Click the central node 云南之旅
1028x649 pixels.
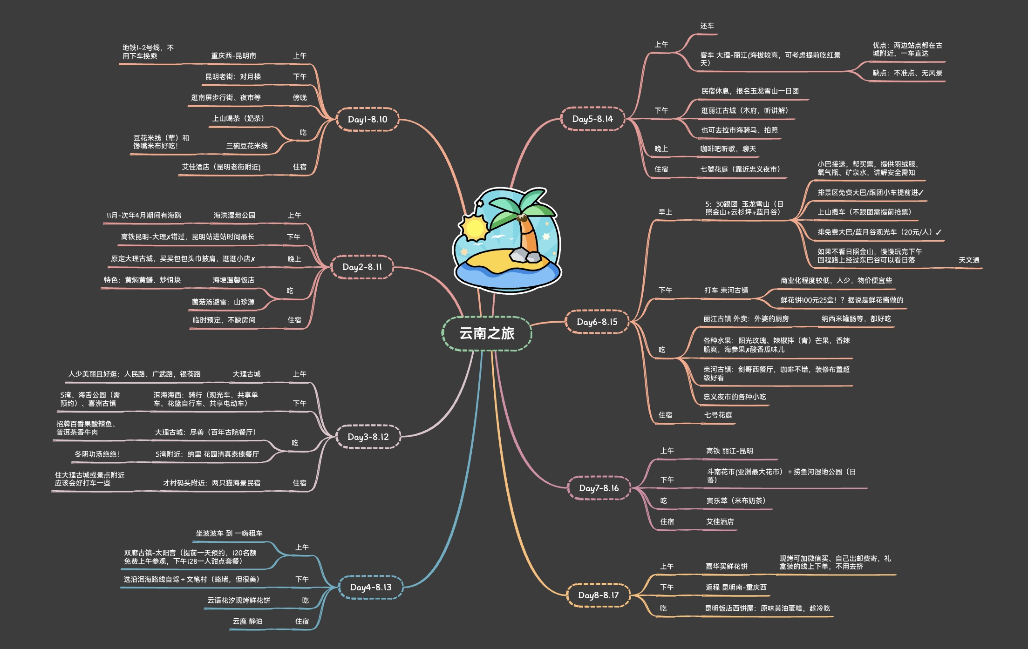click(487, 333)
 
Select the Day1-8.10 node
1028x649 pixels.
click(367, 119)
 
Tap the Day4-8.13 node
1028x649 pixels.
click(370, 587)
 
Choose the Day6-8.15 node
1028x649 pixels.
click(597, 322)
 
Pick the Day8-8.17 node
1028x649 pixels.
click(598, 595)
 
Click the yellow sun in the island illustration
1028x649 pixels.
click(474, 228)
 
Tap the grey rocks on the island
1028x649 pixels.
click(524, 255)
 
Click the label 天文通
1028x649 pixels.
click(969, 260)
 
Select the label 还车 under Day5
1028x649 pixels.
click(707, 26)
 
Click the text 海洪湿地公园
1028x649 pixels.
click(234, 215)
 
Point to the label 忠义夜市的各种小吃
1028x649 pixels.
click(734, 397)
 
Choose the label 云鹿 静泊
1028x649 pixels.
click(247, 621)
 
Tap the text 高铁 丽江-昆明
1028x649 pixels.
click(729, 451)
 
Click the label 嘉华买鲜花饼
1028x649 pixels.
click(726, 566)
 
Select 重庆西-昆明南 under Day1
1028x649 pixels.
click(233, 55)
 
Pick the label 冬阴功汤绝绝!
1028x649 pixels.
click(97, 454)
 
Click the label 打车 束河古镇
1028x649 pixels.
click(726, 290)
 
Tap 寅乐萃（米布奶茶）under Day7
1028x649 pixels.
click(736, 500)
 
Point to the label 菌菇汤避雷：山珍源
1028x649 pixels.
click(223, 302)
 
